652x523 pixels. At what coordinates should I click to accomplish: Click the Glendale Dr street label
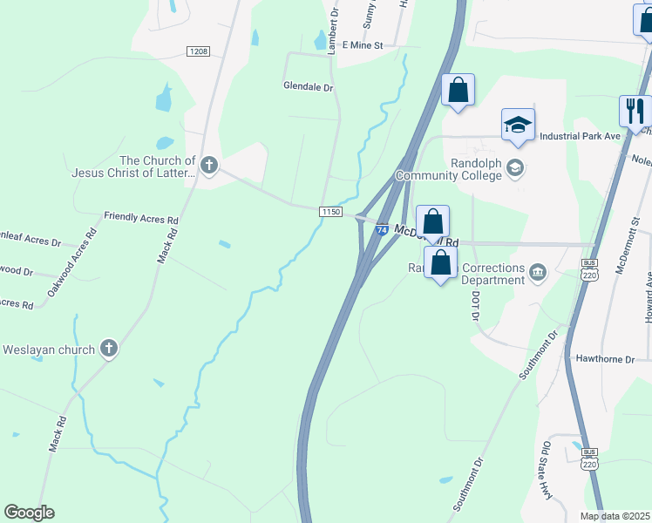309,87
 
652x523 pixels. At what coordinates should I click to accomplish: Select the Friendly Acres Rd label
140,215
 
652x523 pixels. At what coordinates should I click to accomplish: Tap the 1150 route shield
329,212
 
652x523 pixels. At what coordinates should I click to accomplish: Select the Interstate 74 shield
383,230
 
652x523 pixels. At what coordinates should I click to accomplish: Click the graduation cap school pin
518,125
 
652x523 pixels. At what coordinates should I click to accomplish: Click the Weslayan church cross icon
109,350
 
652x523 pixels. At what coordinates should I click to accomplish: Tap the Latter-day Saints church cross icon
208,164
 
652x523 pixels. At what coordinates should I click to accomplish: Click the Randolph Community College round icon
516,168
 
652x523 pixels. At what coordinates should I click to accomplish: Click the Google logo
29,513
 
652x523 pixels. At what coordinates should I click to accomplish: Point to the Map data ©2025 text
615,516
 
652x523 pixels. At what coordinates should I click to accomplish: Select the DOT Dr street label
476,306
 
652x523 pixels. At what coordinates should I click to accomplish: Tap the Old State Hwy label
547,471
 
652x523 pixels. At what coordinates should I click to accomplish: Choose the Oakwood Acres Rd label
71,261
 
